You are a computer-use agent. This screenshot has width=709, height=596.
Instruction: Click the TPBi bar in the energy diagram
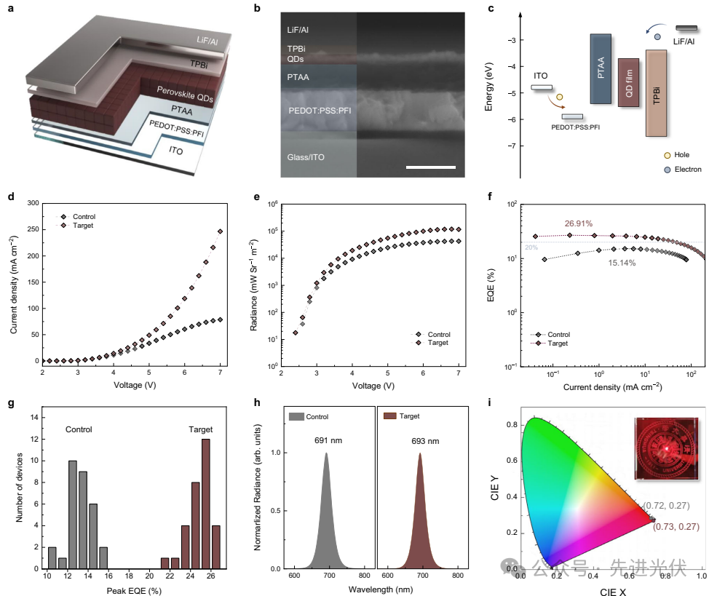[656, 93]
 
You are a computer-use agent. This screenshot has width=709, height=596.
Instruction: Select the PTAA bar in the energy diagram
[601, 69]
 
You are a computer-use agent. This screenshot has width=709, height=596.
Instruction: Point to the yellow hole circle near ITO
[560, 97]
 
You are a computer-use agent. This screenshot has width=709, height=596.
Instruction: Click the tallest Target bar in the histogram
[206, 493]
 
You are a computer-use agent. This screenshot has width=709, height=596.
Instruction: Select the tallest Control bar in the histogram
[72, 503]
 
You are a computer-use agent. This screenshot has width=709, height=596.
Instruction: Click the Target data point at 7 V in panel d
[220, 231]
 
